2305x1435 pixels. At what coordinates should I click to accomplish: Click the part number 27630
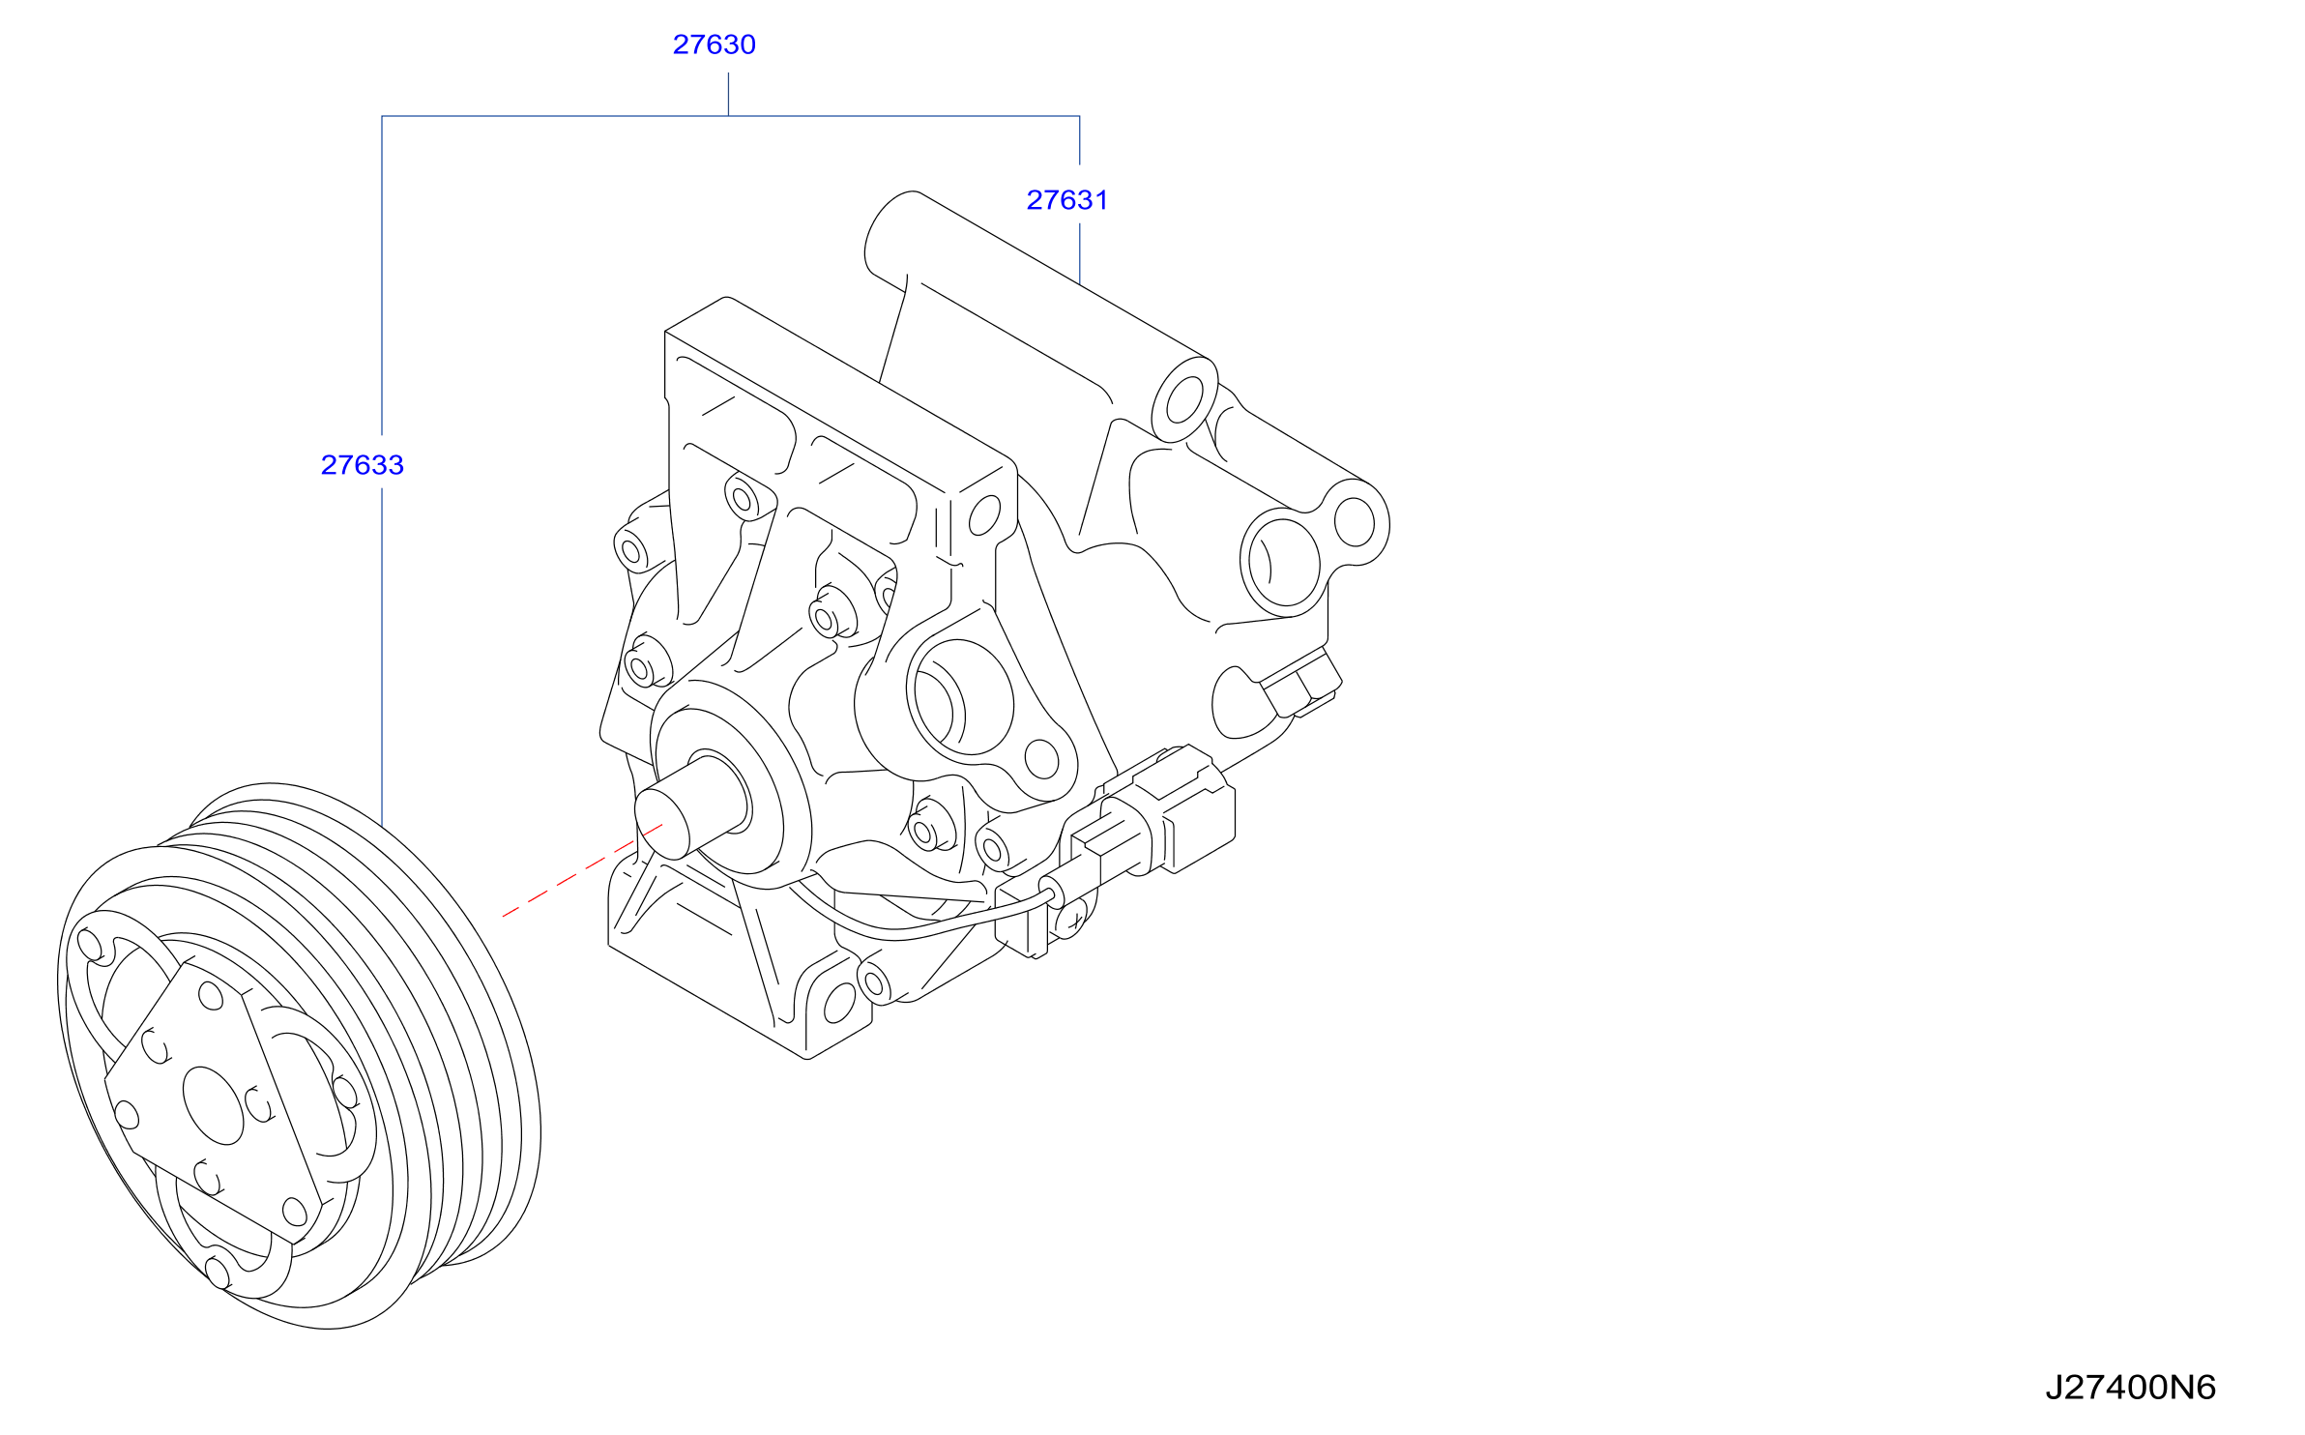(x=714, y=44)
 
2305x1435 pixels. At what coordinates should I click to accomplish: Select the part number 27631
(x=1066, y=200)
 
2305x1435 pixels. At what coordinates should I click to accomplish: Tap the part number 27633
(x=362, y=465)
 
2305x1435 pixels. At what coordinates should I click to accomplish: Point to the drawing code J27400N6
(x=2130, y=1388)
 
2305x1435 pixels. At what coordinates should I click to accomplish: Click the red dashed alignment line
(x=582, y=870)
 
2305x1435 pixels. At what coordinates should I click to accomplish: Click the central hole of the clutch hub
(x=213, y=1106)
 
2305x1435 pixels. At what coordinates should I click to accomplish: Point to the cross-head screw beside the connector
(x=1073, y=920)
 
